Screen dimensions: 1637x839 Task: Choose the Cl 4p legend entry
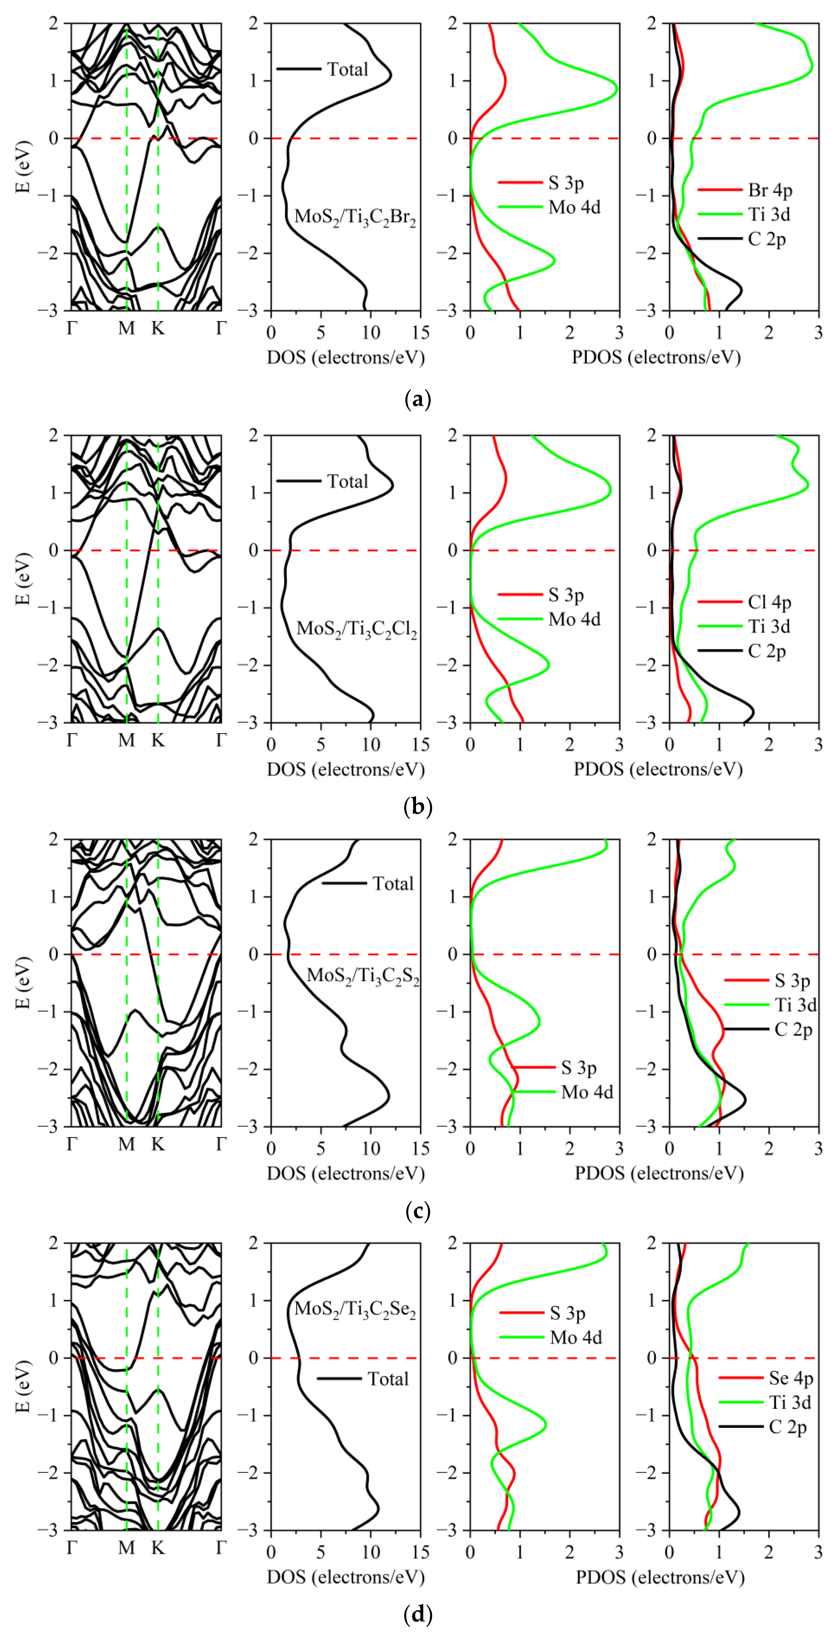click(x=769, y=602)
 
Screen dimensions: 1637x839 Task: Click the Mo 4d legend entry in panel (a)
click(x=574, y=207)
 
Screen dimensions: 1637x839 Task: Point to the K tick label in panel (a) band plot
click(x=157, y=328)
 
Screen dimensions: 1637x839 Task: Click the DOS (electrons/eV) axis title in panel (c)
click(x=346, y=1173)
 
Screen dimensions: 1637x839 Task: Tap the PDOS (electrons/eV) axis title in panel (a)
click(x=656, y=357)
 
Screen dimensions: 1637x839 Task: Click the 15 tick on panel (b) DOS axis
click(x=420, y=744)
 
